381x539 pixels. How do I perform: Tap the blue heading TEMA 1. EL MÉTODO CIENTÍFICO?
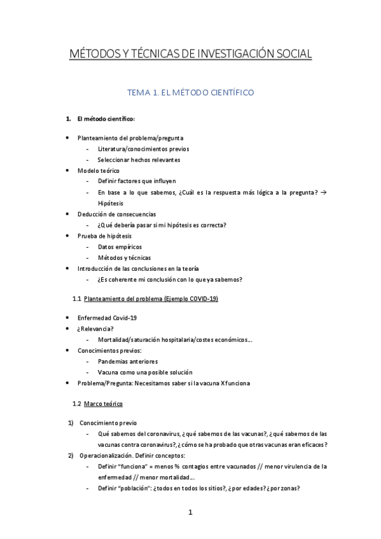190,93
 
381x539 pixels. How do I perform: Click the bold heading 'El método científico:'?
105,119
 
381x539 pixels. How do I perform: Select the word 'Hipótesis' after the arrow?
111,203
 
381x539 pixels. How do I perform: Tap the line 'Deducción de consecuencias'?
116,214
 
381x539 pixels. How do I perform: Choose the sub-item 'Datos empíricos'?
120,247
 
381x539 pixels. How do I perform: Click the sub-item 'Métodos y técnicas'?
124,257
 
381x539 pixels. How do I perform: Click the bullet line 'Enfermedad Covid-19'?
107,318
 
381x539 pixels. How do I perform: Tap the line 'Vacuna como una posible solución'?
144,372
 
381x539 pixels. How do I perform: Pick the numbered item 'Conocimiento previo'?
108,423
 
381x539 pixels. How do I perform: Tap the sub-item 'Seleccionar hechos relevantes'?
139,160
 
